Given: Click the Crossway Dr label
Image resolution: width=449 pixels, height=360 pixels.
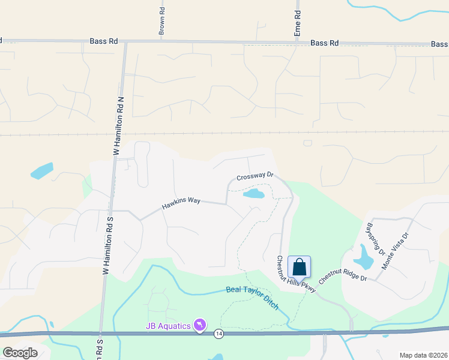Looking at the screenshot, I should (x=255, y=176).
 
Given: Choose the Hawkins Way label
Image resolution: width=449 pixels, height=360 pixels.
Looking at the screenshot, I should (x=181, y=204).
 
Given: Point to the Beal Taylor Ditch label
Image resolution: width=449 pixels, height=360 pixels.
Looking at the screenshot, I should (x=252, y=298).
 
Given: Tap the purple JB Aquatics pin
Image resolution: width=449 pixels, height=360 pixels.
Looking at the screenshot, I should (x=200, y=326).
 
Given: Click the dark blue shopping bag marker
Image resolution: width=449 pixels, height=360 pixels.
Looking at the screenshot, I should (x=299, y=266).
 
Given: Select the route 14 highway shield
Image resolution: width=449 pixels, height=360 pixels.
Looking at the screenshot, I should (x=219, y=334).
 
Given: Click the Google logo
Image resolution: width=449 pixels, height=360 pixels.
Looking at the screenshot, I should (x=20, y=353).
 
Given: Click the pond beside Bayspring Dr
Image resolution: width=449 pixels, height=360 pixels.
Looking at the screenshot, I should (x=363, y=258).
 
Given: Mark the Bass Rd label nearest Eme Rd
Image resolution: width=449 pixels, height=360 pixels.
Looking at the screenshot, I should (x=325, y=43).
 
